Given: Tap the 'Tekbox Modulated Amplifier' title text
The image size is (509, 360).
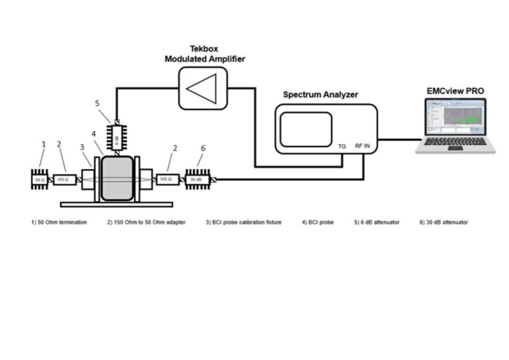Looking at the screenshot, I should click(205, 54).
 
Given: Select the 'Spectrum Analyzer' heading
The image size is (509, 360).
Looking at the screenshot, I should click(320, 95).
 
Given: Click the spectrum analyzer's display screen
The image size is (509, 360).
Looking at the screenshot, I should click(306, 129).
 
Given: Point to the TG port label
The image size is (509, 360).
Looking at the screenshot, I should click(342, 146).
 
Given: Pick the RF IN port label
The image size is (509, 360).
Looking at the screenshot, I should click(363, 146).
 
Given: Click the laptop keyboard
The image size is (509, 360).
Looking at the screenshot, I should click(455, 143).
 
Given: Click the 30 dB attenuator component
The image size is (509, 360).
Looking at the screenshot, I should click(197, 179).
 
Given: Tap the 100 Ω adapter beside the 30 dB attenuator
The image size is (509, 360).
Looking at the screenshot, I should click(168, 179).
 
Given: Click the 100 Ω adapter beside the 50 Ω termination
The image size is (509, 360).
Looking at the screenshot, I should click(65, 179).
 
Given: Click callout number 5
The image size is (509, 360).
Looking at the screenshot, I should click(97, 103).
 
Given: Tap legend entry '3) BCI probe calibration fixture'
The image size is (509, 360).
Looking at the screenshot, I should click(243, 222).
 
